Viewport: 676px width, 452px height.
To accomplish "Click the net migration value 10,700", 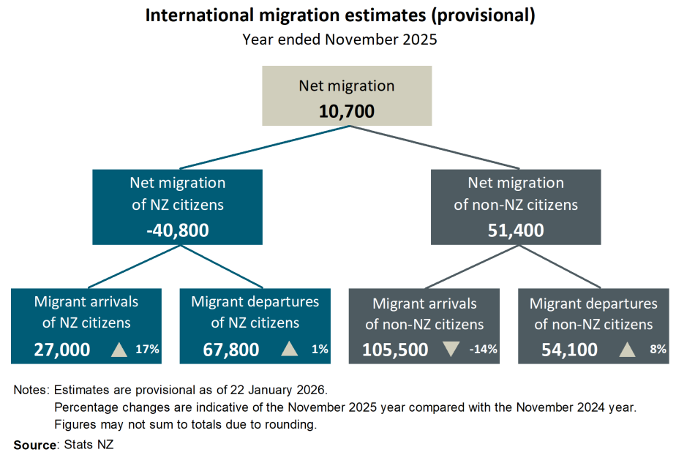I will [346, 111].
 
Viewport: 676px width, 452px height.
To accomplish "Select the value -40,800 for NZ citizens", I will [178, 230].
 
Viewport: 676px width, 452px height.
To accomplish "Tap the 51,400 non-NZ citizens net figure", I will [516, 230].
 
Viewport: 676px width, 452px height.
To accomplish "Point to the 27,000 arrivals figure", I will [62, 350].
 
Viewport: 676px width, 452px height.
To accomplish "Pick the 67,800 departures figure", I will [230, 350].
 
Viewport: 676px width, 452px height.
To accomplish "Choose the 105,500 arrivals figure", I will [395, 350].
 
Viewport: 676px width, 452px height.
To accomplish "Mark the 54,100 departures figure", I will [570, 350].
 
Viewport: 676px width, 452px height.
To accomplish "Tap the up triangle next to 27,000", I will [119, 350].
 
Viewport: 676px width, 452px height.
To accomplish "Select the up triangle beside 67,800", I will [290, 350].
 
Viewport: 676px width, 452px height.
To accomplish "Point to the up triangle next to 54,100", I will [626, 350].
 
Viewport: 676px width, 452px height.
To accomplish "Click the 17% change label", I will [147, 350].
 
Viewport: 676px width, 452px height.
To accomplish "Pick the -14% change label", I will [483, 350].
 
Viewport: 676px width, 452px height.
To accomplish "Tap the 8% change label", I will [656, 350].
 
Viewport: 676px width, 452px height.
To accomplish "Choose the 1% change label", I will [319, 350].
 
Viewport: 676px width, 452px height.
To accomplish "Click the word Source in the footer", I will [34, 444].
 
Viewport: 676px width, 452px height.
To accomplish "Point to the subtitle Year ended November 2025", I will [339, 39].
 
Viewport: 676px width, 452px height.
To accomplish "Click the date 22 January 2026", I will [274, 391].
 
